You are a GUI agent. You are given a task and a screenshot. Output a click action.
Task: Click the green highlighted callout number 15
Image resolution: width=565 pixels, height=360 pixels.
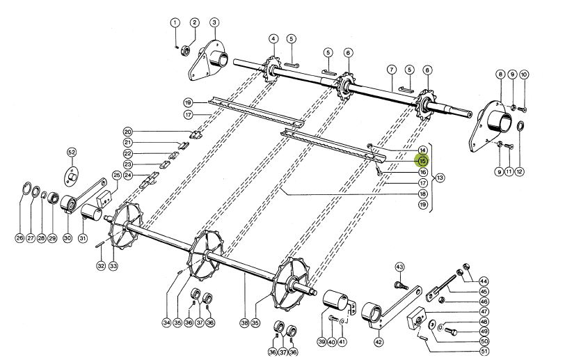(x=422, y=160)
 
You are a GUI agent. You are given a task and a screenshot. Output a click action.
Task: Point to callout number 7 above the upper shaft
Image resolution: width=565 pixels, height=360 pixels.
(x=392, y=70)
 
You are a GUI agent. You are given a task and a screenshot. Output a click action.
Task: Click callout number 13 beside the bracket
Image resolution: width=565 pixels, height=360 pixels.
(x=440, y=178)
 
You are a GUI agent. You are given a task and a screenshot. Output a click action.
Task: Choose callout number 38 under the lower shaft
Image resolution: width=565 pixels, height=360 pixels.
(x=244, y=323)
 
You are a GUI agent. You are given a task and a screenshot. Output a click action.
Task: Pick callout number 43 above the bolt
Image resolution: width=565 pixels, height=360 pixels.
(x=399, y=267)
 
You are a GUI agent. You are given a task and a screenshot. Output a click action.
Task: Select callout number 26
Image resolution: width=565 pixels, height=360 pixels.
(x=19, y=238)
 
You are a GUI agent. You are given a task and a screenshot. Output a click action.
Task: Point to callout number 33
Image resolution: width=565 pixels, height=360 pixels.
(x=113, y=266)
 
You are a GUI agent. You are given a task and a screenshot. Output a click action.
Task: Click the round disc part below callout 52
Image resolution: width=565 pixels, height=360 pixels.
(x=72, y=174)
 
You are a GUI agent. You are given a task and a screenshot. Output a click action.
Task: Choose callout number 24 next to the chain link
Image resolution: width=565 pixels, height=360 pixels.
(x=128, y=175)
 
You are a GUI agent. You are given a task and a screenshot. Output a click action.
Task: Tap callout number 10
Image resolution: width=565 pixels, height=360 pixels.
(x=525, y=74)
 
